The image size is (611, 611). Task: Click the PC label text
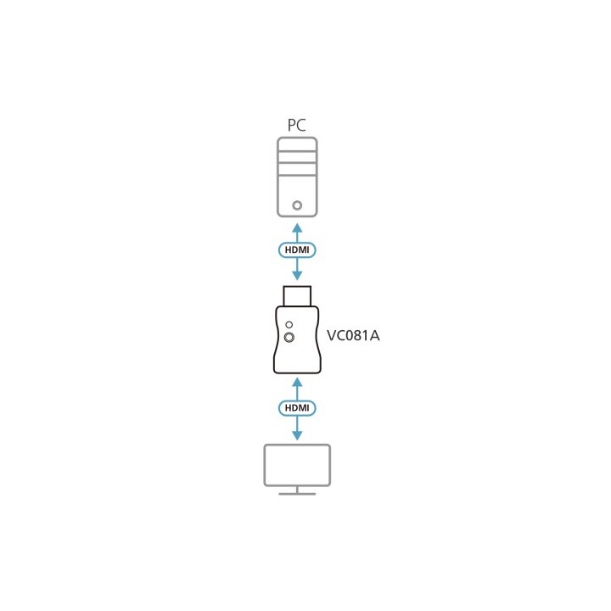click(296, 125)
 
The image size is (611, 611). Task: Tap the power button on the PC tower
click(297, 205)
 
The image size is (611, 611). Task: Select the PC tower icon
click(297, 177)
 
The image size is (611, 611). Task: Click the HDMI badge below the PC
click(297, 249)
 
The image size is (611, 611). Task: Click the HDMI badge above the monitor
click(297, 408)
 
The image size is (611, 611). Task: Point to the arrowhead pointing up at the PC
click(297, 227)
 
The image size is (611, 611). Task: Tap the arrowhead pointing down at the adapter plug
click(297, 276)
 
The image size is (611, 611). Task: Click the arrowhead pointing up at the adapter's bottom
click(297, 382)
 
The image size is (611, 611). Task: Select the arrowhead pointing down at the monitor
click(297, 435)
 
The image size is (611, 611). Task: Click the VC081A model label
click(353, 335)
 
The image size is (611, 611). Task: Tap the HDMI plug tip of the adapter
click(297, 296)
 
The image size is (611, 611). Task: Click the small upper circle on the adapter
click(289, 324)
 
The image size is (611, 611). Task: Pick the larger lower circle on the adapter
click(289, 338)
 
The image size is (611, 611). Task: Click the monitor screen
click(297, 465)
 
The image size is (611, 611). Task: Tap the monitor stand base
click(297, 494)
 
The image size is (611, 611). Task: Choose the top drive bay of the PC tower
click(297, 145)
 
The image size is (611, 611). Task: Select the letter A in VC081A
click(374, 335)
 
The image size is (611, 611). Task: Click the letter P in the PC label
click(291, 125)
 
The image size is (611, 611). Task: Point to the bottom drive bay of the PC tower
click(297, 169)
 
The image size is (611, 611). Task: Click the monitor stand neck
click(297, 490)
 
